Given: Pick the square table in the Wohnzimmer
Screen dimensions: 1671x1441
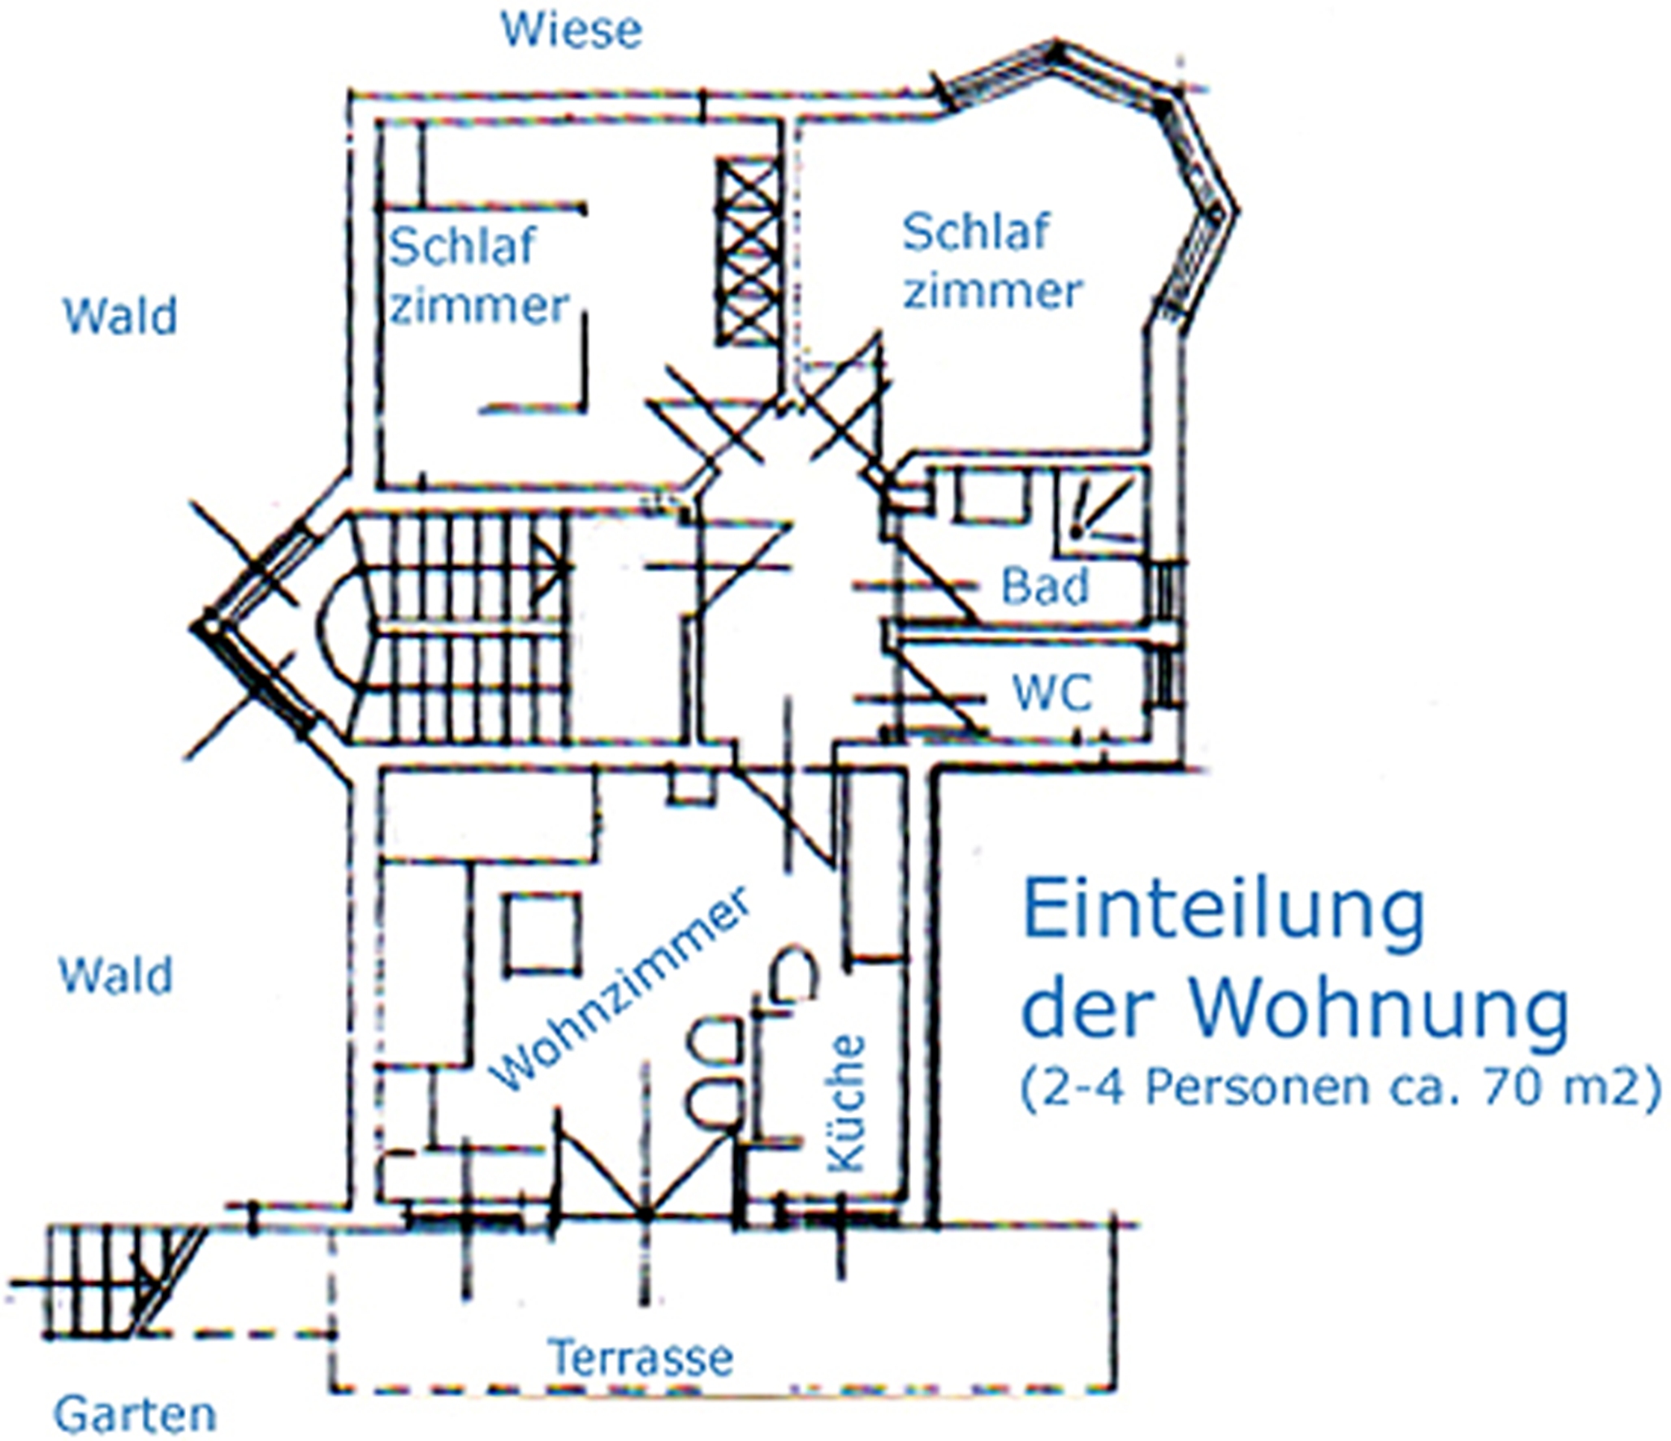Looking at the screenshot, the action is point(543,933).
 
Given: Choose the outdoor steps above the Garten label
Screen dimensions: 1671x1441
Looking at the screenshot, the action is point(122,1281).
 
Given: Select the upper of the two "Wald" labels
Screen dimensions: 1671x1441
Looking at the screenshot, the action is point(119,316).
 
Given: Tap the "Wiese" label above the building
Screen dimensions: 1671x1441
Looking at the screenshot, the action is point(572,31).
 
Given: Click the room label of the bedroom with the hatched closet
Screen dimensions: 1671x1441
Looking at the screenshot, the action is point(478,276).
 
